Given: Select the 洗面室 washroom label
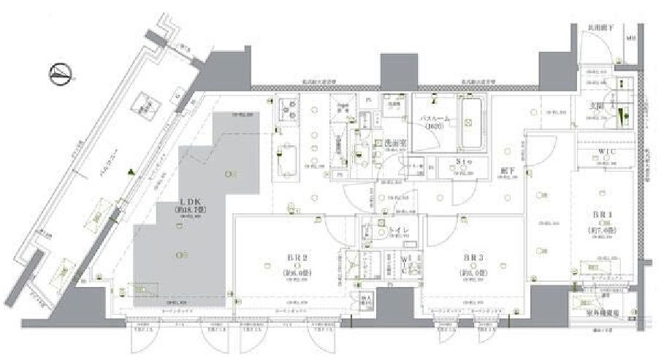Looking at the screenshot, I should (396, 145).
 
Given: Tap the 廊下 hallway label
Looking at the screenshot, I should (508, 173).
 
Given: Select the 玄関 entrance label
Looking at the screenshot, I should (597, 106).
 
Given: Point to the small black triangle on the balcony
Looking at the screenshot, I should (131, 173).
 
